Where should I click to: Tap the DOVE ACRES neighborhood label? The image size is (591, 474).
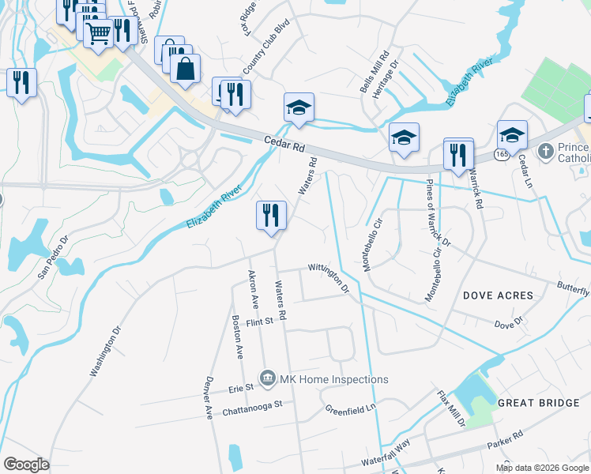coord(498,295)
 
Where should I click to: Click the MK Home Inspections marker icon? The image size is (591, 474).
coord(268,379)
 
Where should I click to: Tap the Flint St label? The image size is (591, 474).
coord(258,322)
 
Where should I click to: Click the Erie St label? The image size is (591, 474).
coord(239,388)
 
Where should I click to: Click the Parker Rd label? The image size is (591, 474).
coord(505,440)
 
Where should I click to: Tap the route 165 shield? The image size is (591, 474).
coord(502,155)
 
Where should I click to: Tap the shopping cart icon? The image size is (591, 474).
coord(98,33)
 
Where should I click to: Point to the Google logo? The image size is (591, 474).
coord(26,465)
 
